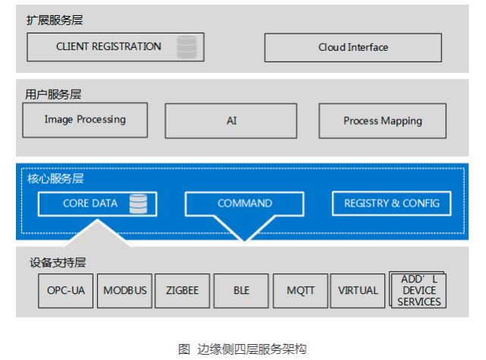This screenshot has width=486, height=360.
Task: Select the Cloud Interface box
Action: [x=352, y=47]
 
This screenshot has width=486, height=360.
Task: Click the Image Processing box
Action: [x=84, y=120]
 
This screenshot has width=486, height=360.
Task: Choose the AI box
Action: [x=232, y=121]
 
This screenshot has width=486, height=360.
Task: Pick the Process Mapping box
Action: [x=382, y=121]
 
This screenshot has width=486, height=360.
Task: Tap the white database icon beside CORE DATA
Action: [x=137, y=204]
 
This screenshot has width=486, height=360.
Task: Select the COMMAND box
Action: [x=245, y=204]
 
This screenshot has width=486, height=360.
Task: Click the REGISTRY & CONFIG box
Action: [x=391, y=204]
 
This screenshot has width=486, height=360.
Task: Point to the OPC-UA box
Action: [x=65, y=291]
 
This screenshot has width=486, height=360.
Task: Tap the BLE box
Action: [x=241, y=291]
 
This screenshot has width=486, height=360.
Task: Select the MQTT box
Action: [x=300, y=291]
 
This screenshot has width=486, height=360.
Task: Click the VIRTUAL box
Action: [x=358, y=291]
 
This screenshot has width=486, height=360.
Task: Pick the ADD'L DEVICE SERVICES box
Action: [x=418, y=291]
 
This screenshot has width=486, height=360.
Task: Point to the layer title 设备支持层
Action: [x=58, y=263]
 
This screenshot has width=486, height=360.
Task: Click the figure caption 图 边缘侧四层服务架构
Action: [x=242, y=349]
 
